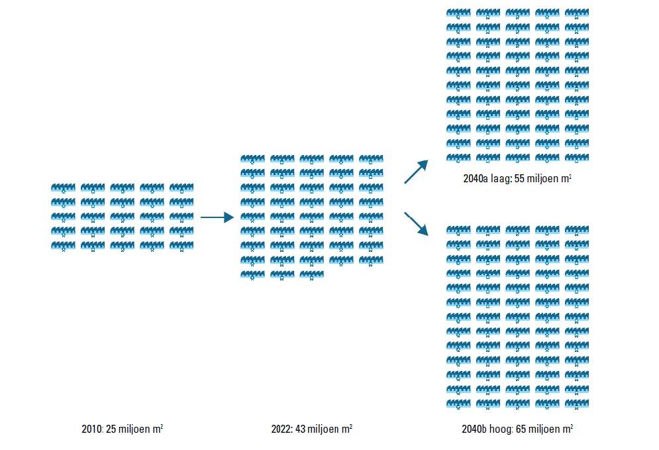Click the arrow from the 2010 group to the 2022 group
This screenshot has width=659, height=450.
coord(217,217)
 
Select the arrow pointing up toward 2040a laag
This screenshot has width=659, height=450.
coord(417,172)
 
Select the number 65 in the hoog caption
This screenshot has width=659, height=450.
coord(520,429)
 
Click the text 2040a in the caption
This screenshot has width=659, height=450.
coord(476,179)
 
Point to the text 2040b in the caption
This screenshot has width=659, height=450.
coord(475,429)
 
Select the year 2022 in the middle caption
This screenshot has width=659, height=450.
coord(281,429)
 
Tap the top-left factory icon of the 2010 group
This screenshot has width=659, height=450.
coord(63,188)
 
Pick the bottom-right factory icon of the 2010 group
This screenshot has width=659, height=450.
coord(181,246)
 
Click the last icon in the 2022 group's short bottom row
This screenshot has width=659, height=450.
coord(311,274)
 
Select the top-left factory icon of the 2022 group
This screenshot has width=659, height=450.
coord(252,160)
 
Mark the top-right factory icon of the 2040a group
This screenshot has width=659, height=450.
coord(576,13)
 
